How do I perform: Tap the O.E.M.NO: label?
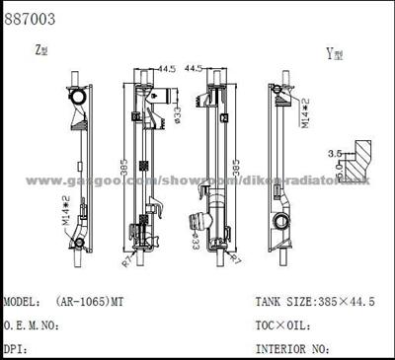(x=39, y=324)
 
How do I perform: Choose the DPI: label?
(x=16, y=348)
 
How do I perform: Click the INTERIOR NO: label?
(x=290, y=348)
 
